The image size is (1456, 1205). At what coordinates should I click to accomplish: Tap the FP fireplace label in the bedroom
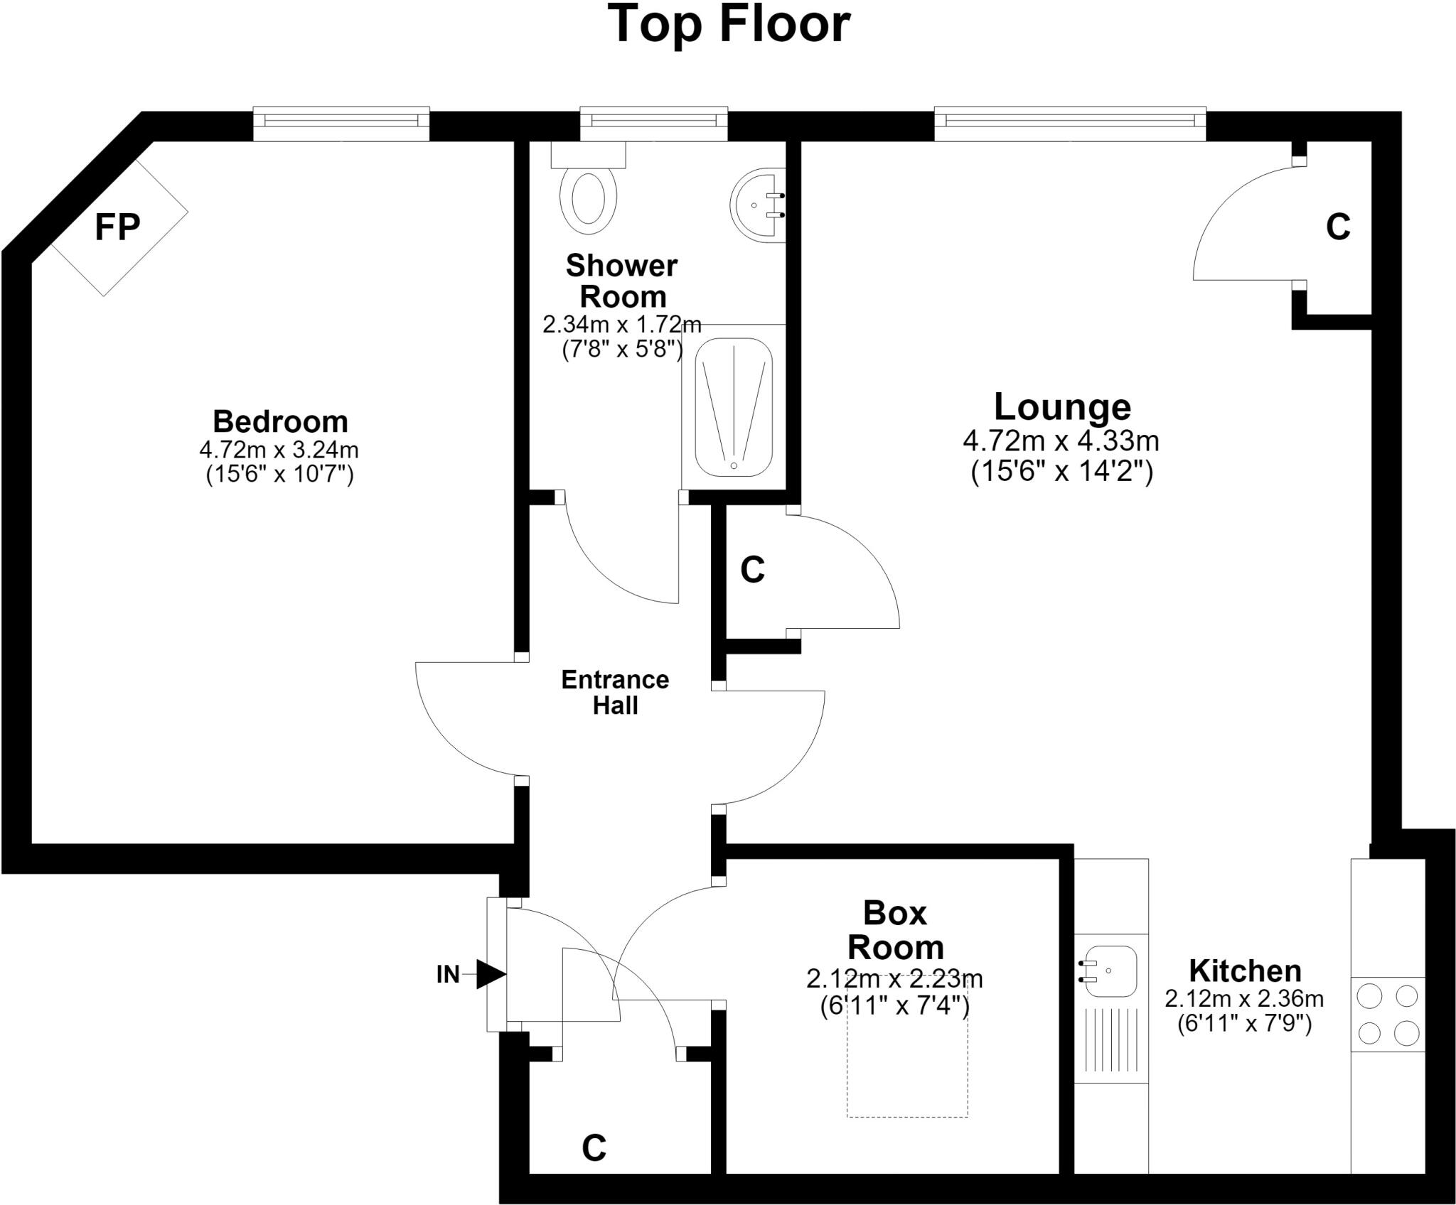[x=118, y=227]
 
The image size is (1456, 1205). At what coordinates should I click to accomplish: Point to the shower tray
[x=734, y=407]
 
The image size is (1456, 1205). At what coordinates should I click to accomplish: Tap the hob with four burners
[x=1388, y=1014]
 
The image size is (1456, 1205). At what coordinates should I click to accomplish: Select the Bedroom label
[x=281, y=421]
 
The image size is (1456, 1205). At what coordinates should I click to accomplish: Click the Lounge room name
[x=1062, y=406]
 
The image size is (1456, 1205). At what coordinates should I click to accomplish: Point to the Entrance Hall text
[x=615, y=692]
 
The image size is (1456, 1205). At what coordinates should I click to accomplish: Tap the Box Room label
[x=895, y=930]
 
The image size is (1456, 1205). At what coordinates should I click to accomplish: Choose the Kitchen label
[x=1245, y=970]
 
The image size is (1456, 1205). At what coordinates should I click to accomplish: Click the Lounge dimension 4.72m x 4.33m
[x=1061, y=441]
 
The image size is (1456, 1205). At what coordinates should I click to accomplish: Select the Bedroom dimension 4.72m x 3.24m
[x=279, y=450]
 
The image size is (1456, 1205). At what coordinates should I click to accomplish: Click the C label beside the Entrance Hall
[x=752, y=570]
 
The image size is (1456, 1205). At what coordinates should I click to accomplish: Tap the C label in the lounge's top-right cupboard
[x=1338, y=227]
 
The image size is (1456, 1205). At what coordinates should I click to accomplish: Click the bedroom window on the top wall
[x=342, y=124]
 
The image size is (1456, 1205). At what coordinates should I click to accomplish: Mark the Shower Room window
[x=654, y=124]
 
